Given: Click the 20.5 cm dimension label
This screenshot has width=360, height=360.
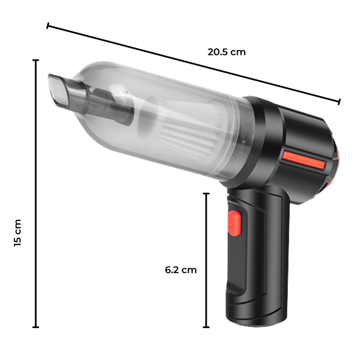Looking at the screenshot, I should (227, 52).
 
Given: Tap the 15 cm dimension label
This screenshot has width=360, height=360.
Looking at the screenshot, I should (18, 233).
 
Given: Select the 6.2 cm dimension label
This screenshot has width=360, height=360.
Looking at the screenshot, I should (181, 270).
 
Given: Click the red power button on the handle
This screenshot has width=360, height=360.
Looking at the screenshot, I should (234, 221).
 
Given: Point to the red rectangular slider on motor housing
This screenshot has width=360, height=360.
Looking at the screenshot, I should (304, 159).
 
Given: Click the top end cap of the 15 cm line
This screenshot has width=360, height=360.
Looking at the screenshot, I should (36, 60).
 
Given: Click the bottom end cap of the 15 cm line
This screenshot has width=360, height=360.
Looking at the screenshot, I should (36, 327).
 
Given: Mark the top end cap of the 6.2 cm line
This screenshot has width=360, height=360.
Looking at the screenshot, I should (207, 193).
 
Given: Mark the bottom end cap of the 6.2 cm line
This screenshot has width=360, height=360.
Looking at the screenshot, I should (207, 327).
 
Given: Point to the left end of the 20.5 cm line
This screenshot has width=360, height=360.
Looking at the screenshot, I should (48, 26).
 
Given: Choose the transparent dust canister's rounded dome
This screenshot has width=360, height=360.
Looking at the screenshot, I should (90, 76).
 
